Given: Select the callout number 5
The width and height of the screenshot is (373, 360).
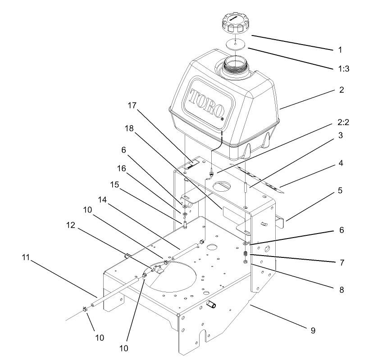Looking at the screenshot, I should coord(341,190).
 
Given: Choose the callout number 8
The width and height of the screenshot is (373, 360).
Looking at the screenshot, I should coord(341,290).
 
